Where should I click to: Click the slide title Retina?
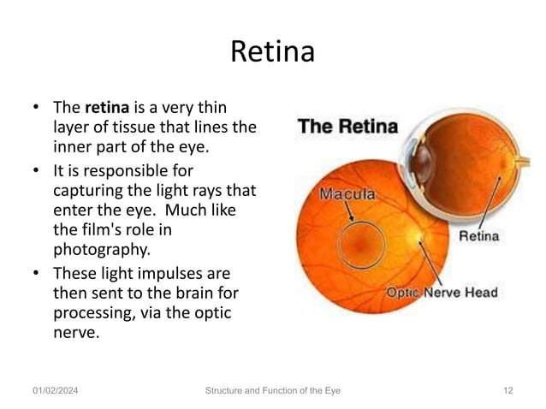click(273, 53)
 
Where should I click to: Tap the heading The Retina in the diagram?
click(347, 127)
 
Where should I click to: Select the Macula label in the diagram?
click(346, 193)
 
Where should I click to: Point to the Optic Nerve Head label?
click(442, 293)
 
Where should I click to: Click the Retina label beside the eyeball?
click(481, 234)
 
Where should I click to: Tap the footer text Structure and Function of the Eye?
click(273, 391)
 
